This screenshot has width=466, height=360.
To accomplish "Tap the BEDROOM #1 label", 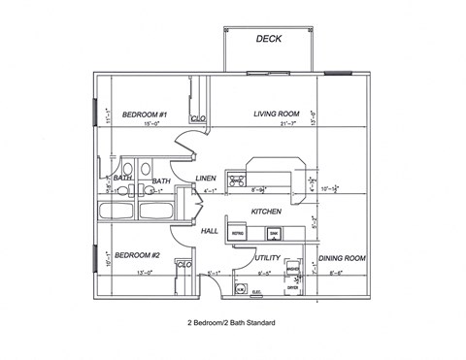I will [x=145, y=114].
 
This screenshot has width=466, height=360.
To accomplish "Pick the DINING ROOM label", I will [x=343, y=258].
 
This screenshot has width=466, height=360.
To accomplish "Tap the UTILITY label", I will [x=268, y=258].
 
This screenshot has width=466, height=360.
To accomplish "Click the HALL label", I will [x=210, y=231].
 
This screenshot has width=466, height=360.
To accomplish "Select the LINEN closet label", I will [x=205, y=179].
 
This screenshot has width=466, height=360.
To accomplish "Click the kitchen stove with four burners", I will [x=235, y=179].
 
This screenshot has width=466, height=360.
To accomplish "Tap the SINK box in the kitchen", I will [x=274, y=234].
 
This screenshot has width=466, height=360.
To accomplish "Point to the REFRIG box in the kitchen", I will [x=237, y=234].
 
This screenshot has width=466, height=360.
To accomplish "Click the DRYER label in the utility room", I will [x=292, y=287].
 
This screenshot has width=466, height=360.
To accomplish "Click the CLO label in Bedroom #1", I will [x=198, y=119].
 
